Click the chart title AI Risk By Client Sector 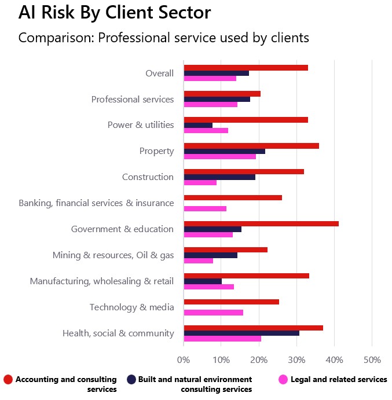[115, 13]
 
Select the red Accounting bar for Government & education [261, 223]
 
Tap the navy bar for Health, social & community [241, 333]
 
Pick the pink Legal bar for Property [220, 156]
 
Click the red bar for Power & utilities [246, 119]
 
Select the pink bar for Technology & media [213, 313]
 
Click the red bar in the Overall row [246, 67]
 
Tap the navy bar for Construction [219, 177]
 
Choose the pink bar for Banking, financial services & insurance [205, 208]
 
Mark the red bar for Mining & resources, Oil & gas [226, 249]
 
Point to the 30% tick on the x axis [296, 360]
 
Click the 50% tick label [372, 360]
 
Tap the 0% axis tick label [184, 360]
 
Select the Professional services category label [133, 99]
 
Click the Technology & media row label [131, 307]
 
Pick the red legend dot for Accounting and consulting [8, 380]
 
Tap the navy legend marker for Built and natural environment [131, 380]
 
